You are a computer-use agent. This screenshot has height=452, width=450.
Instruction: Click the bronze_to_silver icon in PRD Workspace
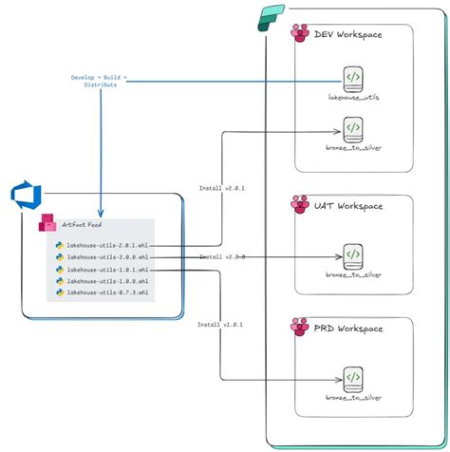point(352,379)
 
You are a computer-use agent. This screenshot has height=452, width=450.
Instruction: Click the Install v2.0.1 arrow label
point(221,189)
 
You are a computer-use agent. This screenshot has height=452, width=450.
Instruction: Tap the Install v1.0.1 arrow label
point(221,324)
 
